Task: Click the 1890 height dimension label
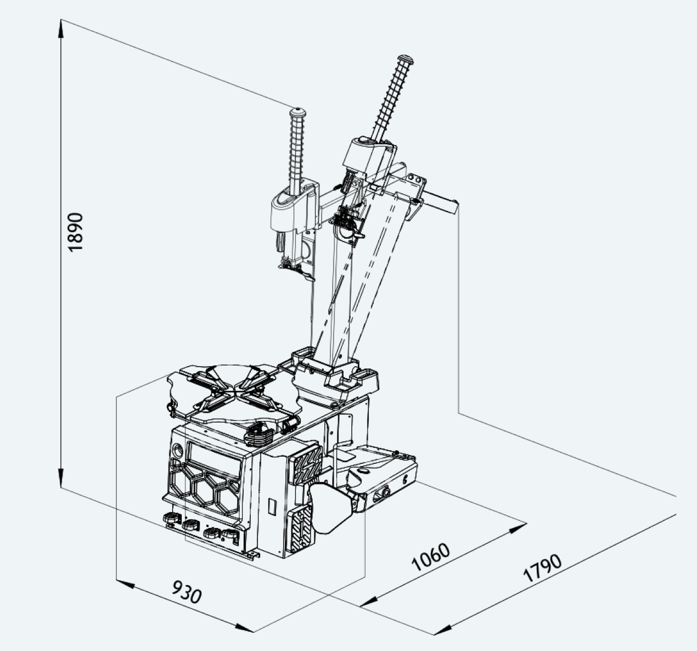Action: coord(75,232)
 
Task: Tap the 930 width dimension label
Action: coord(187,592)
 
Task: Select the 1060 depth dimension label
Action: coord(430,557)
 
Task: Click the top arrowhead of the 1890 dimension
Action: coord(61,29)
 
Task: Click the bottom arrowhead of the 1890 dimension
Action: coord(61,478)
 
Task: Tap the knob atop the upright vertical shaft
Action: coord(297,113)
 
